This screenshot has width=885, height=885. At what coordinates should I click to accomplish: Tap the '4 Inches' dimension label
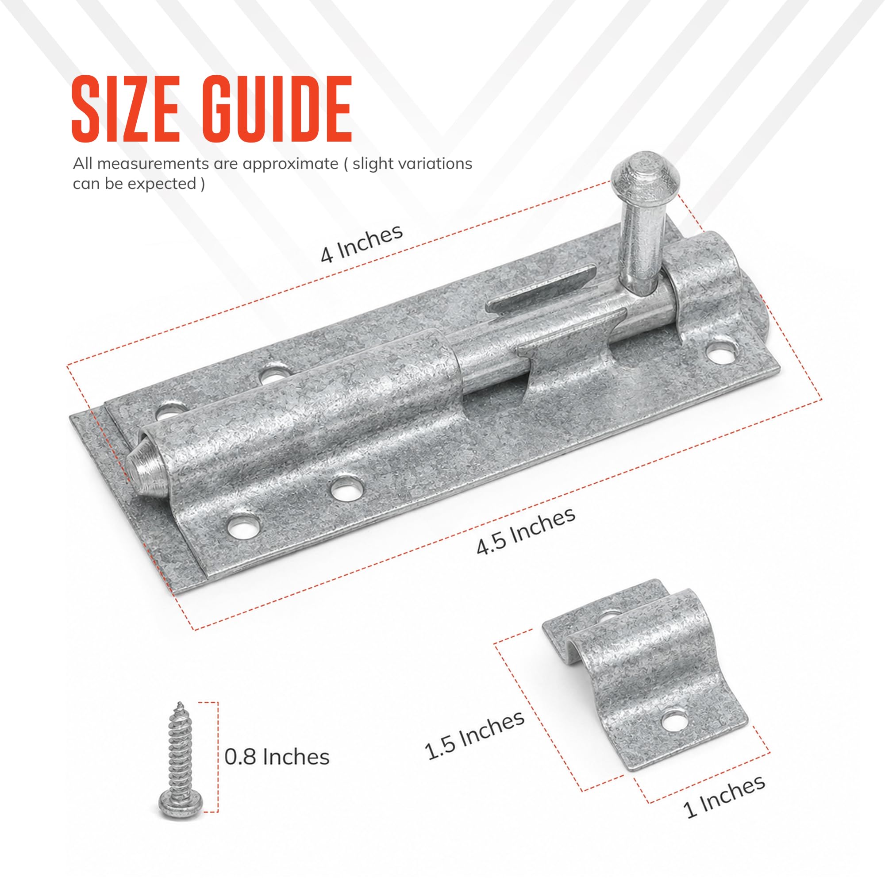(x=362, y=244)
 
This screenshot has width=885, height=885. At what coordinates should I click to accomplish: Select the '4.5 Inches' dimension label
(x=525, y=531)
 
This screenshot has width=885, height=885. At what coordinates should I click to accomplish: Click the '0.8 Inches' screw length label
(x=277, y=757)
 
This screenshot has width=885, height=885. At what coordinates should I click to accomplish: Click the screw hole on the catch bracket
(x=675, y=720)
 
